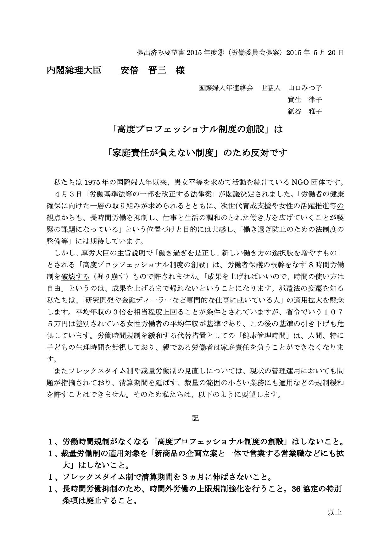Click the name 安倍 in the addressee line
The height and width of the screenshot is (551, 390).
[x=129, y=70]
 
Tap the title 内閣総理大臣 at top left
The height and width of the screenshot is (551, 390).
[x=74, y=70]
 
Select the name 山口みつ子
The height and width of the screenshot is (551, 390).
[x=305, y=88]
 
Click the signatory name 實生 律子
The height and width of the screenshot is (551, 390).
[x=305, y=100]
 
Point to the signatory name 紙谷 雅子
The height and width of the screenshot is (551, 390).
[x=305, y=111]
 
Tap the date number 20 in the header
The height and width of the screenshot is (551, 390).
[x=332, y=52]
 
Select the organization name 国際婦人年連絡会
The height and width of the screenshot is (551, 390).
[x=226, y=88]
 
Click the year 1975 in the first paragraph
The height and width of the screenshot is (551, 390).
[x=92, y=182]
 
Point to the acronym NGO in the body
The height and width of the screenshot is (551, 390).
[x=301, y=182]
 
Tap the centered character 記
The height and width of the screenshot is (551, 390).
[x=195, y=418]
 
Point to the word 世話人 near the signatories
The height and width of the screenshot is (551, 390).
[x=270, y=88]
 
